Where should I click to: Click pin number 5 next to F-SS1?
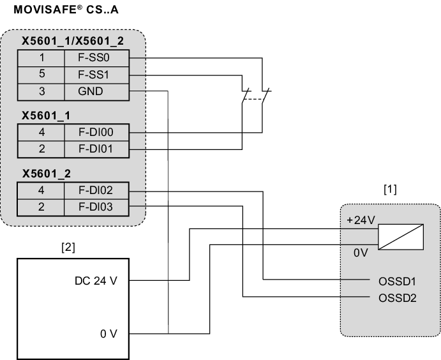[41, 75]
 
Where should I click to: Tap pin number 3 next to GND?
[41, 91]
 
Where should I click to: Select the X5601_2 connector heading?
[47, 174]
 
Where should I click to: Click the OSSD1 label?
[397, 280]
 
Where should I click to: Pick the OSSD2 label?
[397, 297]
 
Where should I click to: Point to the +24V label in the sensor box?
[361, 220]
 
